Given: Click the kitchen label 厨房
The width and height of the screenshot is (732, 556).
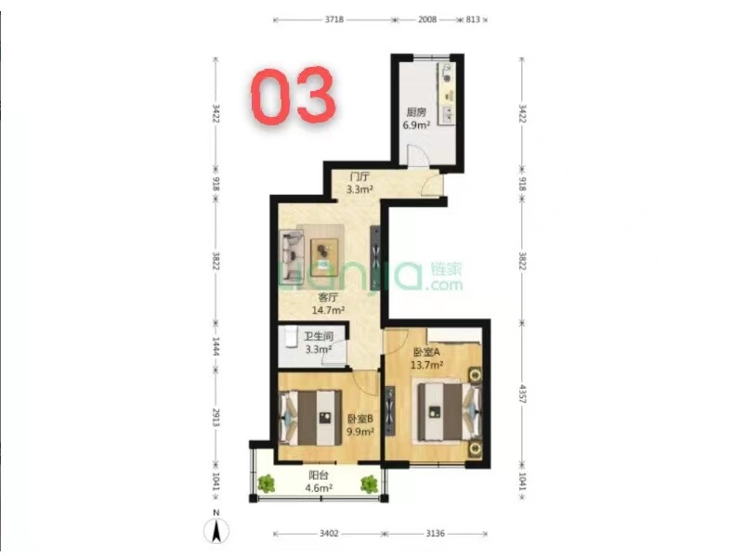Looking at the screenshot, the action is [x=416, y=112].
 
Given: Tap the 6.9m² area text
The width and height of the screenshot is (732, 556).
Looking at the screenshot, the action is [x=416, y=125].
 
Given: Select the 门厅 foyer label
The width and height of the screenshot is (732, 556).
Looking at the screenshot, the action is [x=359, y=176].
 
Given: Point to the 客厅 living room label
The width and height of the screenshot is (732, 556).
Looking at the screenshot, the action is [x=328, y=297].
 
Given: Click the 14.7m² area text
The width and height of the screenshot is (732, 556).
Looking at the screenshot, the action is [x=328, y=309].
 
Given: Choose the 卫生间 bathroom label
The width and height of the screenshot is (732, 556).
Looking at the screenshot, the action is [x=319, y=336].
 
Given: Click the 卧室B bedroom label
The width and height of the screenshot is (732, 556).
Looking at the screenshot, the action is [x=359, y=419].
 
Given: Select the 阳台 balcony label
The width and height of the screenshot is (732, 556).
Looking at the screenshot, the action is [x=319, y=475].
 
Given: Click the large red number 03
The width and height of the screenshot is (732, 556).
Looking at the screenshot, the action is [x=294, y=96].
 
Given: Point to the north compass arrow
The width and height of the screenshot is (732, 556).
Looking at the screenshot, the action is [x=216, y=531].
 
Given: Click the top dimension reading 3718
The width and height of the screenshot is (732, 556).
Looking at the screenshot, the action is [x=334, y=19].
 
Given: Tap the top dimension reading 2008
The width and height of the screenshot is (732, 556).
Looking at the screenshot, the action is [x=427, y=19].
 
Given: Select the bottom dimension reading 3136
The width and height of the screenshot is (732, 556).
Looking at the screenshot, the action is [x=435, y=534].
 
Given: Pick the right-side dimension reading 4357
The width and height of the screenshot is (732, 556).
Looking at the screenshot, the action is [x=523, y=395].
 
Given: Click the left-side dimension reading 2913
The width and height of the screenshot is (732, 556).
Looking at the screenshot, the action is [x=216, y=418].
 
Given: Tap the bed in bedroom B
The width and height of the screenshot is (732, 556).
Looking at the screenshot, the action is [x=310, y=418].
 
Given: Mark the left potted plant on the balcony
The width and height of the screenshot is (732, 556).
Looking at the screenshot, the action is [x=266, y=484].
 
